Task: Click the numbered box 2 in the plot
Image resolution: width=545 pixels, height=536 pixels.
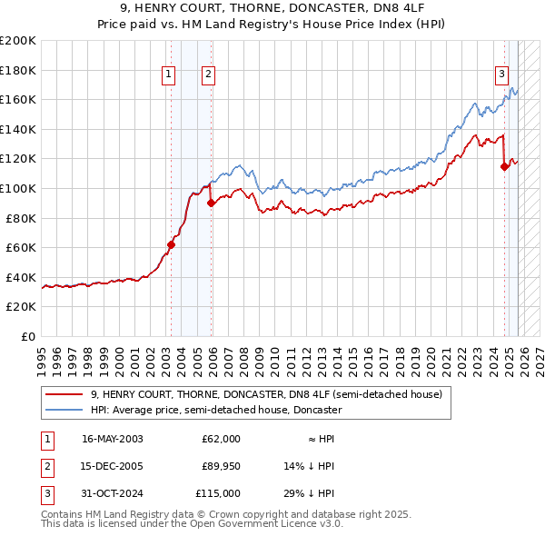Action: (x=208, y=75)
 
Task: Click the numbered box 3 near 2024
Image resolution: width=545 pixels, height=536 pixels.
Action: (x=500, y=75)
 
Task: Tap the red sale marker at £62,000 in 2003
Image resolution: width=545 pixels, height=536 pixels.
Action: (x=171, y=244)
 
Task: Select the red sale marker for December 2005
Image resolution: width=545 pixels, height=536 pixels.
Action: (x=212, y=203)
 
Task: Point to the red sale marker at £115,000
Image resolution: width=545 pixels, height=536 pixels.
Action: (x=504, y=166)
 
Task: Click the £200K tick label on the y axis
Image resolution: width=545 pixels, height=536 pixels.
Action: (x=18, y=41)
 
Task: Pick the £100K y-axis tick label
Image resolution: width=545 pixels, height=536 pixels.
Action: (x=18, y=188)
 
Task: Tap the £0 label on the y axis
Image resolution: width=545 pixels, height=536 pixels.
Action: (x=27, y=336)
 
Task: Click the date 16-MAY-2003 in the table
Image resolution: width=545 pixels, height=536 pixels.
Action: (x=113, y=439)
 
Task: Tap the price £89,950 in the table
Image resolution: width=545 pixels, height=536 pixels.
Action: (x=221, y=466)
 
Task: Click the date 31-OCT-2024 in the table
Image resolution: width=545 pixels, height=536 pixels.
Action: (x=113, y=493)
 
